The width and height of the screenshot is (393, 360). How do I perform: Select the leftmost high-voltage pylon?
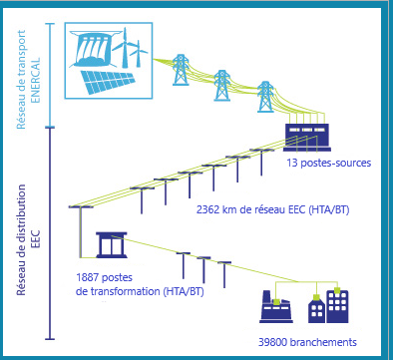pyautogui.click(x=181, y=71)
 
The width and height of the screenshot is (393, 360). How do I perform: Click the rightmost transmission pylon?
pyautogui.click(x=265, y=98)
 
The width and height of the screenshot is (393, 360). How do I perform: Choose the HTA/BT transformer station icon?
pyautogui.click(x=110, y=244)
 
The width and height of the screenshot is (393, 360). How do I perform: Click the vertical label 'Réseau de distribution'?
pyautogui.click(x=21, y=229)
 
